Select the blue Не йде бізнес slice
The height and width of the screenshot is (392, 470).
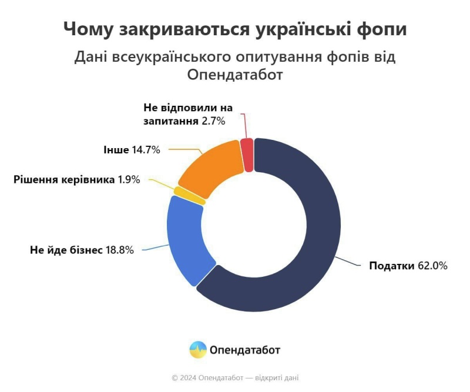183,241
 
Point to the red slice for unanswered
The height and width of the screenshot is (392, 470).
248,155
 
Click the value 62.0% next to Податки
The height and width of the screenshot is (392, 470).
432,266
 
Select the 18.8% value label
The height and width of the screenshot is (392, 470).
119,250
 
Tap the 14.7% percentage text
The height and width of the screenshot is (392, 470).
146,150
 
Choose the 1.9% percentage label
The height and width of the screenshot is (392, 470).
129,180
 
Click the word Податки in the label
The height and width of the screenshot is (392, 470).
391,266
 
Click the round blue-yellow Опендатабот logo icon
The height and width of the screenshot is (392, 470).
198,350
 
